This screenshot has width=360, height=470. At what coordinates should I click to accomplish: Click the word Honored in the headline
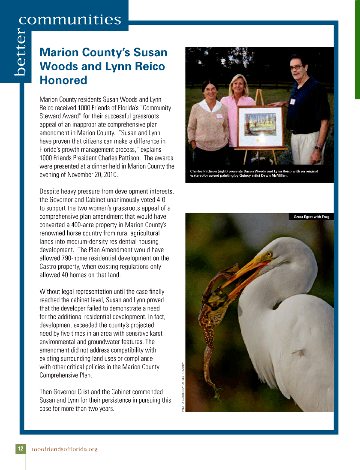pyautogui.click(x=63, y=80)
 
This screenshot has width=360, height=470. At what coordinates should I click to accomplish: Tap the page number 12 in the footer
pyautogui.click(x=20, y=449)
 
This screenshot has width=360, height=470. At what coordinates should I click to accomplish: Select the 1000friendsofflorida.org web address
pyautogui.click(x=65, y=449)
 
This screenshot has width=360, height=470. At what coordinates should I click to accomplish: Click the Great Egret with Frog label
pyautogui.click(x=311, y=217)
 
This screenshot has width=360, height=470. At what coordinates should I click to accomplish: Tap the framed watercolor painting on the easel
pyautogui.click(x=260, y=127)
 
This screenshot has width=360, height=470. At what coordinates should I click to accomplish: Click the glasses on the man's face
pyautogui.click(x=296, y=67)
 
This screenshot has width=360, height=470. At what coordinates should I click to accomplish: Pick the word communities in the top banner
pyautogui.click(x=70, y=20)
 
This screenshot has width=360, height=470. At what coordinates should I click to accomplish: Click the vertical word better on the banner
pyautogui.click(x=20, y=54)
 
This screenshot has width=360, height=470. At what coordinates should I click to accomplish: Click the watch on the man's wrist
pyautogui.click(x=318, y=148)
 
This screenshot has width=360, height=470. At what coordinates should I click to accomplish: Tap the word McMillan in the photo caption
pyautogui.click(x=277, y=175)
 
